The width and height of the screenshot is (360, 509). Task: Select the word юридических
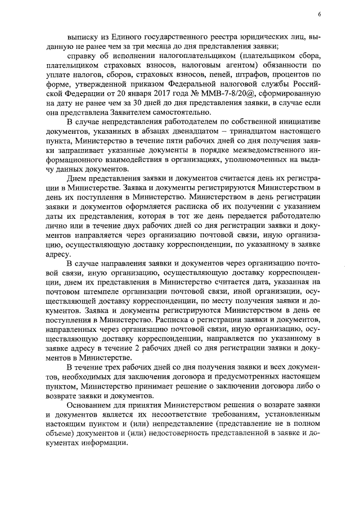[x=266, y=34]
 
